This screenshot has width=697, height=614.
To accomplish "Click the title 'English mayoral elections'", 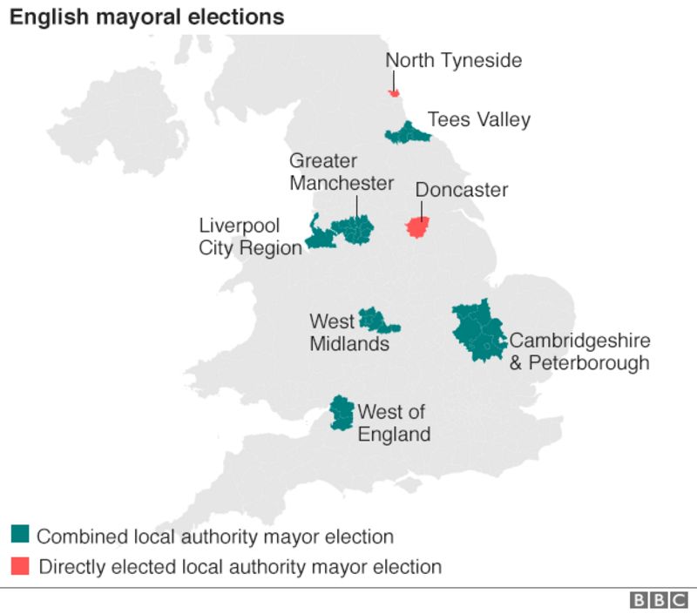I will pos(146,17).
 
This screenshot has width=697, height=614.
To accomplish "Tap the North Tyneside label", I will pos(454,60).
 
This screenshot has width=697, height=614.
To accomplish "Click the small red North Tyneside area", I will pos(394,92).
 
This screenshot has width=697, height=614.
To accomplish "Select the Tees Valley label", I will pos(478,119).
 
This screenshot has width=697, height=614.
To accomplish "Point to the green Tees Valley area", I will pos(407,133).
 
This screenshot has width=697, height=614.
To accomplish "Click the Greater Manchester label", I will pos(342,172).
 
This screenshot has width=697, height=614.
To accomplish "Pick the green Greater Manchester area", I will pos(355,230).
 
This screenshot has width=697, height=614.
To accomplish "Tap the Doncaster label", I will pos(461,190).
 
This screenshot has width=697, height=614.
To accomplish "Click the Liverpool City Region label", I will pos(250,237).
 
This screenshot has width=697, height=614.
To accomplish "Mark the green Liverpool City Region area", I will pos(319,237).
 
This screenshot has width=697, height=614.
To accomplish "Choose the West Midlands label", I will pos(348,333).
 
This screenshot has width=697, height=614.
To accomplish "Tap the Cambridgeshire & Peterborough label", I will pos(579,351).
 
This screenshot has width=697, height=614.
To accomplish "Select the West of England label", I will pos(394,422).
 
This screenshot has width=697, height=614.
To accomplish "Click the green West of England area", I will pos(342,411).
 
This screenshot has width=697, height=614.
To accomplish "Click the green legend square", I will pos(20,534).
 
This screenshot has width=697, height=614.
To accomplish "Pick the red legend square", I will pos(20,565).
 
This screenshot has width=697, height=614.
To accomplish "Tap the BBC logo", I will pos(659,600).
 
